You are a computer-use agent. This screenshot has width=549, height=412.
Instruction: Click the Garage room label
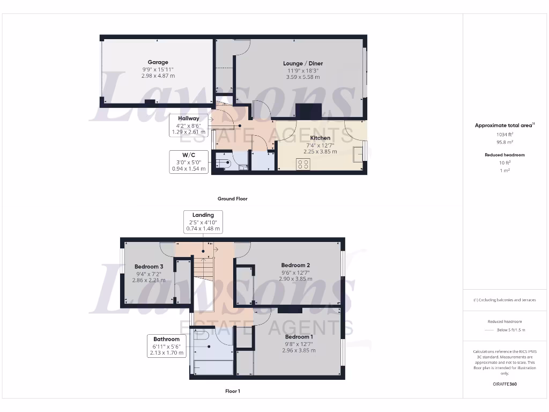(158, 62)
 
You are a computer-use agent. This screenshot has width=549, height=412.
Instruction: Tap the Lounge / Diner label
(303, 63)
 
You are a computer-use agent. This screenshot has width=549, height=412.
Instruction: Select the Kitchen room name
(321, 138)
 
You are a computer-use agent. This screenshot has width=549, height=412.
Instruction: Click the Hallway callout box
(189, 124)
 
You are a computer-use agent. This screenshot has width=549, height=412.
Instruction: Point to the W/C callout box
(189, 162)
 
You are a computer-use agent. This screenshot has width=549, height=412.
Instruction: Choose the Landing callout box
(203, 222)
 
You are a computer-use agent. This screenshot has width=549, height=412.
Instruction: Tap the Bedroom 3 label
(149, 267)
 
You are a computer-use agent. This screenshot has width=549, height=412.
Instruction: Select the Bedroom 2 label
(295, 265)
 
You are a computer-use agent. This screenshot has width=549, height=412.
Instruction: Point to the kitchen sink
(357, 153)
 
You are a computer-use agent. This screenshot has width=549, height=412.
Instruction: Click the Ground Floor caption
(232, 198)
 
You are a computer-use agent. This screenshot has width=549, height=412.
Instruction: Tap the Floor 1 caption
(232, 391)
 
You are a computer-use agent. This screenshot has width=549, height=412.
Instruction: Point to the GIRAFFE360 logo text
(504, 384)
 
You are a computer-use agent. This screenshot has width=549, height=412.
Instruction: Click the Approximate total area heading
(503, 125)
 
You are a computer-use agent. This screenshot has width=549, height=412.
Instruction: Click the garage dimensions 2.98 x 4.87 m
(158, 76)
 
